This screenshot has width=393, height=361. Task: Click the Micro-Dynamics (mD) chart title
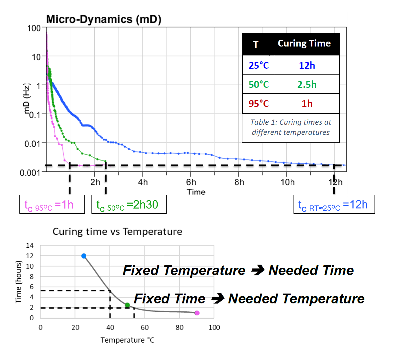click(x=104, y=19)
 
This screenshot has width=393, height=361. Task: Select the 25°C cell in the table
click(x=259, y=65)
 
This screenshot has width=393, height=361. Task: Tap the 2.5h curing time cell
click(x=307, y=84)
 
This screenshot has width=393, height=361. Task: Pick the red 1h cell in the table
click(x=307, y=103)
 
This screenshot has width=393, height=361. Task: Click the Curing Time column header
click(x=304, y=43)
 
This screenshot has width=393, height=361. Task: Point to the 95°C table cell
click(x=259, y=103)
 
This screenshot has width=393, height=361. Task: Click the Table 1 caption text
click(x=290, y=127)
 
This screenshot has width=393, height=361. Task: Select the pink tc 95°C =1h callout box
click(x=52, y=204)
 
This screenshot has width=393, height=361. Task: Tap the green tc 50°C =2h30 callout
click(x=129, y=204)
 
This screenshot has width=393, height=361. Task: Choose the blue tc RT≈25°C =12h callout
click(x=334, y=204)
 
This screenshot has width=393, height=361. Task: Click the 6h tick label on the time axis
click(x=191, y=182)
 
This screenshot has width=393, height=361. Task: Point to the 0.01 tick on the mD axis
click(x=32, y=144)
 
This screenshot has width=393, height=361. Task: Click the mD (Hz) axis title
click(x=27, y=99)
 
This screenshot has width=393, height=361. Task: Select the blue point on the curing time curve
click(x=84, y=256)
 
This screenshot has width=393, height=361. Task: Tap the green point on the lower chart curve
click(x=128, y=305)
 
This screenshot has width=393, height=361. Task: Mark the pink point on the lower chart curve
click(x=197, y=313)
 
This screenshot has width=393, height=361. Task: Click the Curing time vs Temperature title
click(x=117, y=232)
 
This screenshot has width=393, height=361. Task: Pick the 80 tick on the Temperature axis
click(x=180, y=327)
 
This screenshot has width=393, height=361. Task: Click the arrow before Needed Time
click(x=258, y=270)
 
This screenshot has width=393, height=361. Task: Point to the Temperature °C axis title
click(x=127, y=340)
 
